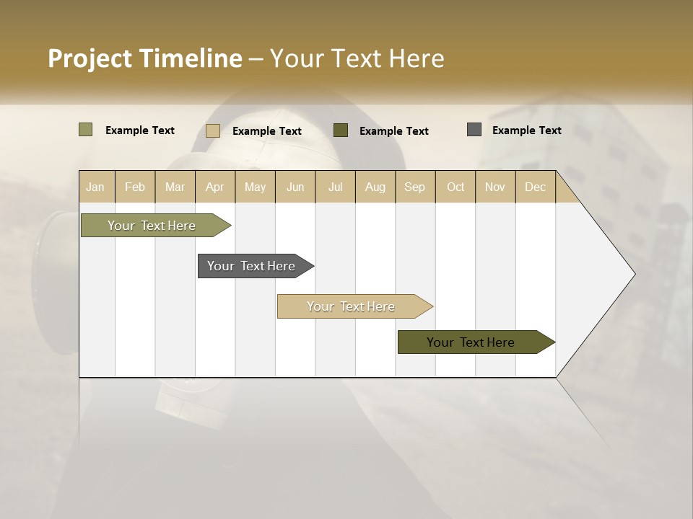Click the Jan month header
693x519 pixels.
tap(95, 187)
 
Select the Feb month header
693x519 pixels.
tap(135, 187)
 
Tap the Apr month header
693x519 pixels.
tap(214, 187)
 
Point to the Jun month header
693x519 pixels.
tap(295, 187)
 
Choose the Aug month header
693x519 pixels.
tap(375, 187)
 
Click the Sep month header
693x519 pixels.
tap(414, 187)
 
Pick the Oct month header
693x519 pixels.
tap(456, 187)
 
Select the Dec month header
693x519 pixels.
tap(535, 187)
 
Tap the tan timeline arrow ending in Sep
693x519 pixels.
tap(352, 306)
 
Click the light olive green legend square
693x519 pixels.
tap(85, 130)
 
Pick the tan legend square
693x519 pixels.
tap(212, 130)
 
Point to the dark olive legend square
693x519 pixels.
tap(341, 130)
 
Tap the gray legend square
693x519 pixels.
tap(474, 130)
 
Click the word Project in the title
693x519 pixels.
tap(90, 58)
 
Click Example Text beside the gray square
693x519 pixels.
tap(526, 130)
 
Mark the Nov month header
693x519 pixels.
tap(494, 187)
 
